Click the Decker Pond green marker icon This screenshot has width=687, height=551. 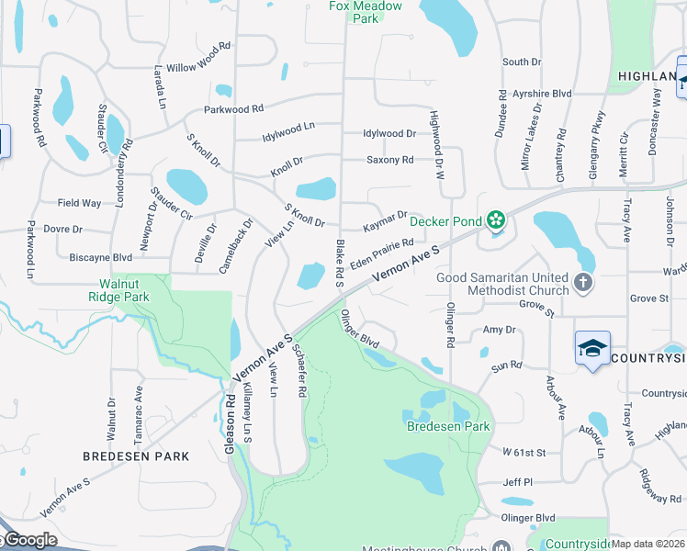point(496,219)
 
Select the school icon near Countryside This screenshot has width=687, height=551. point(592,349)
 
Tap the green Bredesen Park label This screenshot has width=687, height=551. point(449,426)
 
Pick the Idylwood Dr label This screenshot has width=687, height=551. point(389,133)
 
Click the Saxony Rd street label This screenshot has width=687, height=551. point(389,160)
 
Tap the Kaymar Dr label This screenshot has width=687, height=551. point(384,220)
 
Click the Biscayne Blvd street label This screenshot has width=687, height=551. point(101,258)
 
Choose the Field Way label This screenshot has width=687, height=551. point(79,203)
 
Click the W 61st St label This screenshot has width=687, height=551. point(524,453)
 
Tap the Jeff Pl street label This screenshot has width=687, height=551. point(517,482)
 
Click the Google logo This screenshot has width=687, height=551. point(29,540)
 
